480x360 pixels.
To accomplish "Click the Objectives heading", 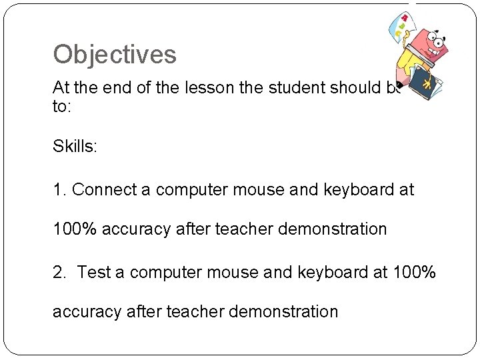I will tap(115, 55).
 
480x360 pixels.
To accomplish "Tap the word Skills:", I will tap(75, 147).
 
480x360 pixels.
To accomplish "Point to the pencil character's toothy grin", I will tap(439, 55).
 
